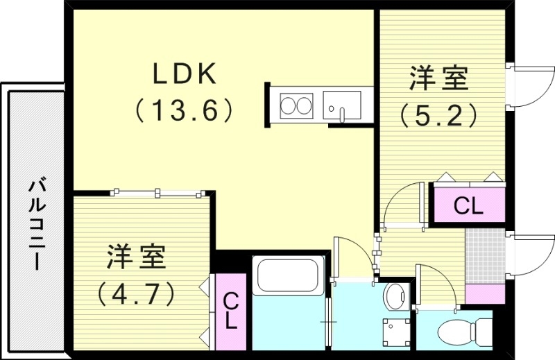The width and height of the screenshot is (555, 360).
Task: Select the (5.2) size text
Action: tap(438, 114)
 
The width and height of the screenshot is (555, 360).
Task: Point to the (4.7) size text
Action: tap(136, 293)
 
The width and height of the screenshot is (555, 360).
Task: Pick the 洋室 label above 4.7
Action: tap(136, 258)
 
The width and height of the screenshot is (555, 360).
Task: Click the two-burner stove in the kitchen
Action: tap(296, 106)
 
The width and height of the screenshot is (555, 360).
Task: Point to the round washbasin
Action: tap(396, 297)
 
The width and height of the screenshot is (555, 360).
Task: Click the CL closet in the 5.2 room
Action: tap(468, 205)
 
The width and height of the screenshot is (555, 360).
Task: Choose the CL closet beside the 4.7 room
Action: tap(231, 311)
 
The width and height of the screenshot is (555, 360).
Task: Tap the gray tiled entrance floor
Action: tap(484, 253)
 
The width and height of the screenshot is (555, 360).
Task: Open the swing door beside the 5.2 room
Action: tap(531, 87)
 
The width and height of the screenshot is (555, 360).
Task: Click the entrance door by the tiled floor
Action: tap(531, 253)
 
